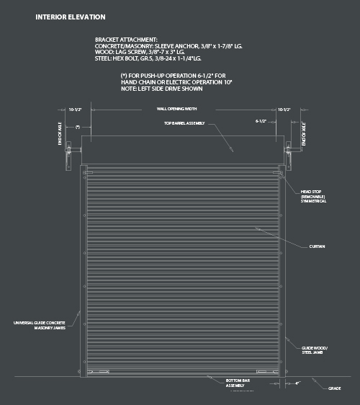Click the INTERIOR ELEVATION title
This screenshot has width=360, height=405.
coord(70,17)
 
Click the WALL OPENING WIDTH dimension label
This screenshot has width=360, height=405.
coord(177,110)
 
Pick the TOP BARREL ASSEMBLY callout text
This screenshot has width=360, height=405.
coord(184,123)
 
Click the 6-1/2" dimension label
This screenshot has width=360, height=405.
coord(262,122)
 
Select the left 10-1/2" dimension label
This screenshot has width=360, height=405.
coord(75,110)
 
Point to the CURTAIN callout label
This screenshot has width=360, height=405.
coord(318,246)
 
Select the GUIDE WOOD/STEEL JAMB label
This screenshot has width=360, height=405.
coord(313,351)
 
